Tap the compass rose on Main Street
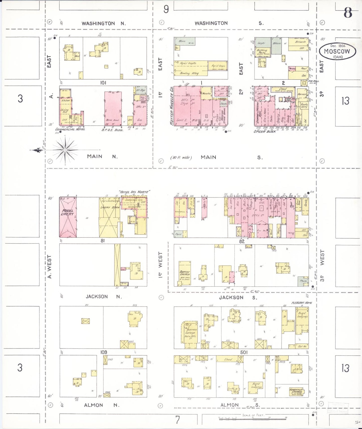[x=65, y=150]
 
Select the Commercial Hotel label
[x=70, y=129]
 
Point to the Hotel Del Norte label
[x=135, y=192]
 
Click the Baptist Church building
[x=185, y=273]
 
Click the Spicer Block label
[x=265, y=131]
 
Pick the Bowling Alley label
[x=189, y=73]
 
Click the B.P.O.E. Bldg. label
[x=112, y=130]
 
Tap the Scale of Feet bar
[x=253, y=418]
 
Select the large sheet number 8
[x=347, y=13]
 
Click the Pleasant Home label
[x=302, y=303]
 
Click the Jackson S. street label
[x=238, y=297]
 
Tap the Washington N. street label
[x=103, y=24]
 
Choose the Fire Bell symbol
[x=304, y=83]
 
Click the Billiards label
[x=300, y=42]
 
